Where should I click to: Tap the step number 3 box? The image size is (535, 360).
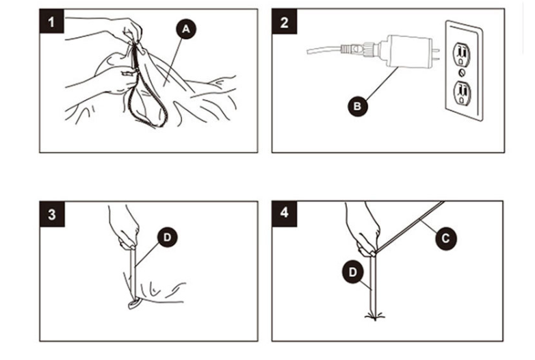52,214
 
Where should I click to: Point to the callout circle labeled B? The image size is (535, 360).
356,105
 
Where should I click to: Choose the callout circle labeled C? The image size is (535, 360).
446,237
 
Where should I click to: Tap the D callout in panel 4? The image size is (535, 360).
351,272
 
